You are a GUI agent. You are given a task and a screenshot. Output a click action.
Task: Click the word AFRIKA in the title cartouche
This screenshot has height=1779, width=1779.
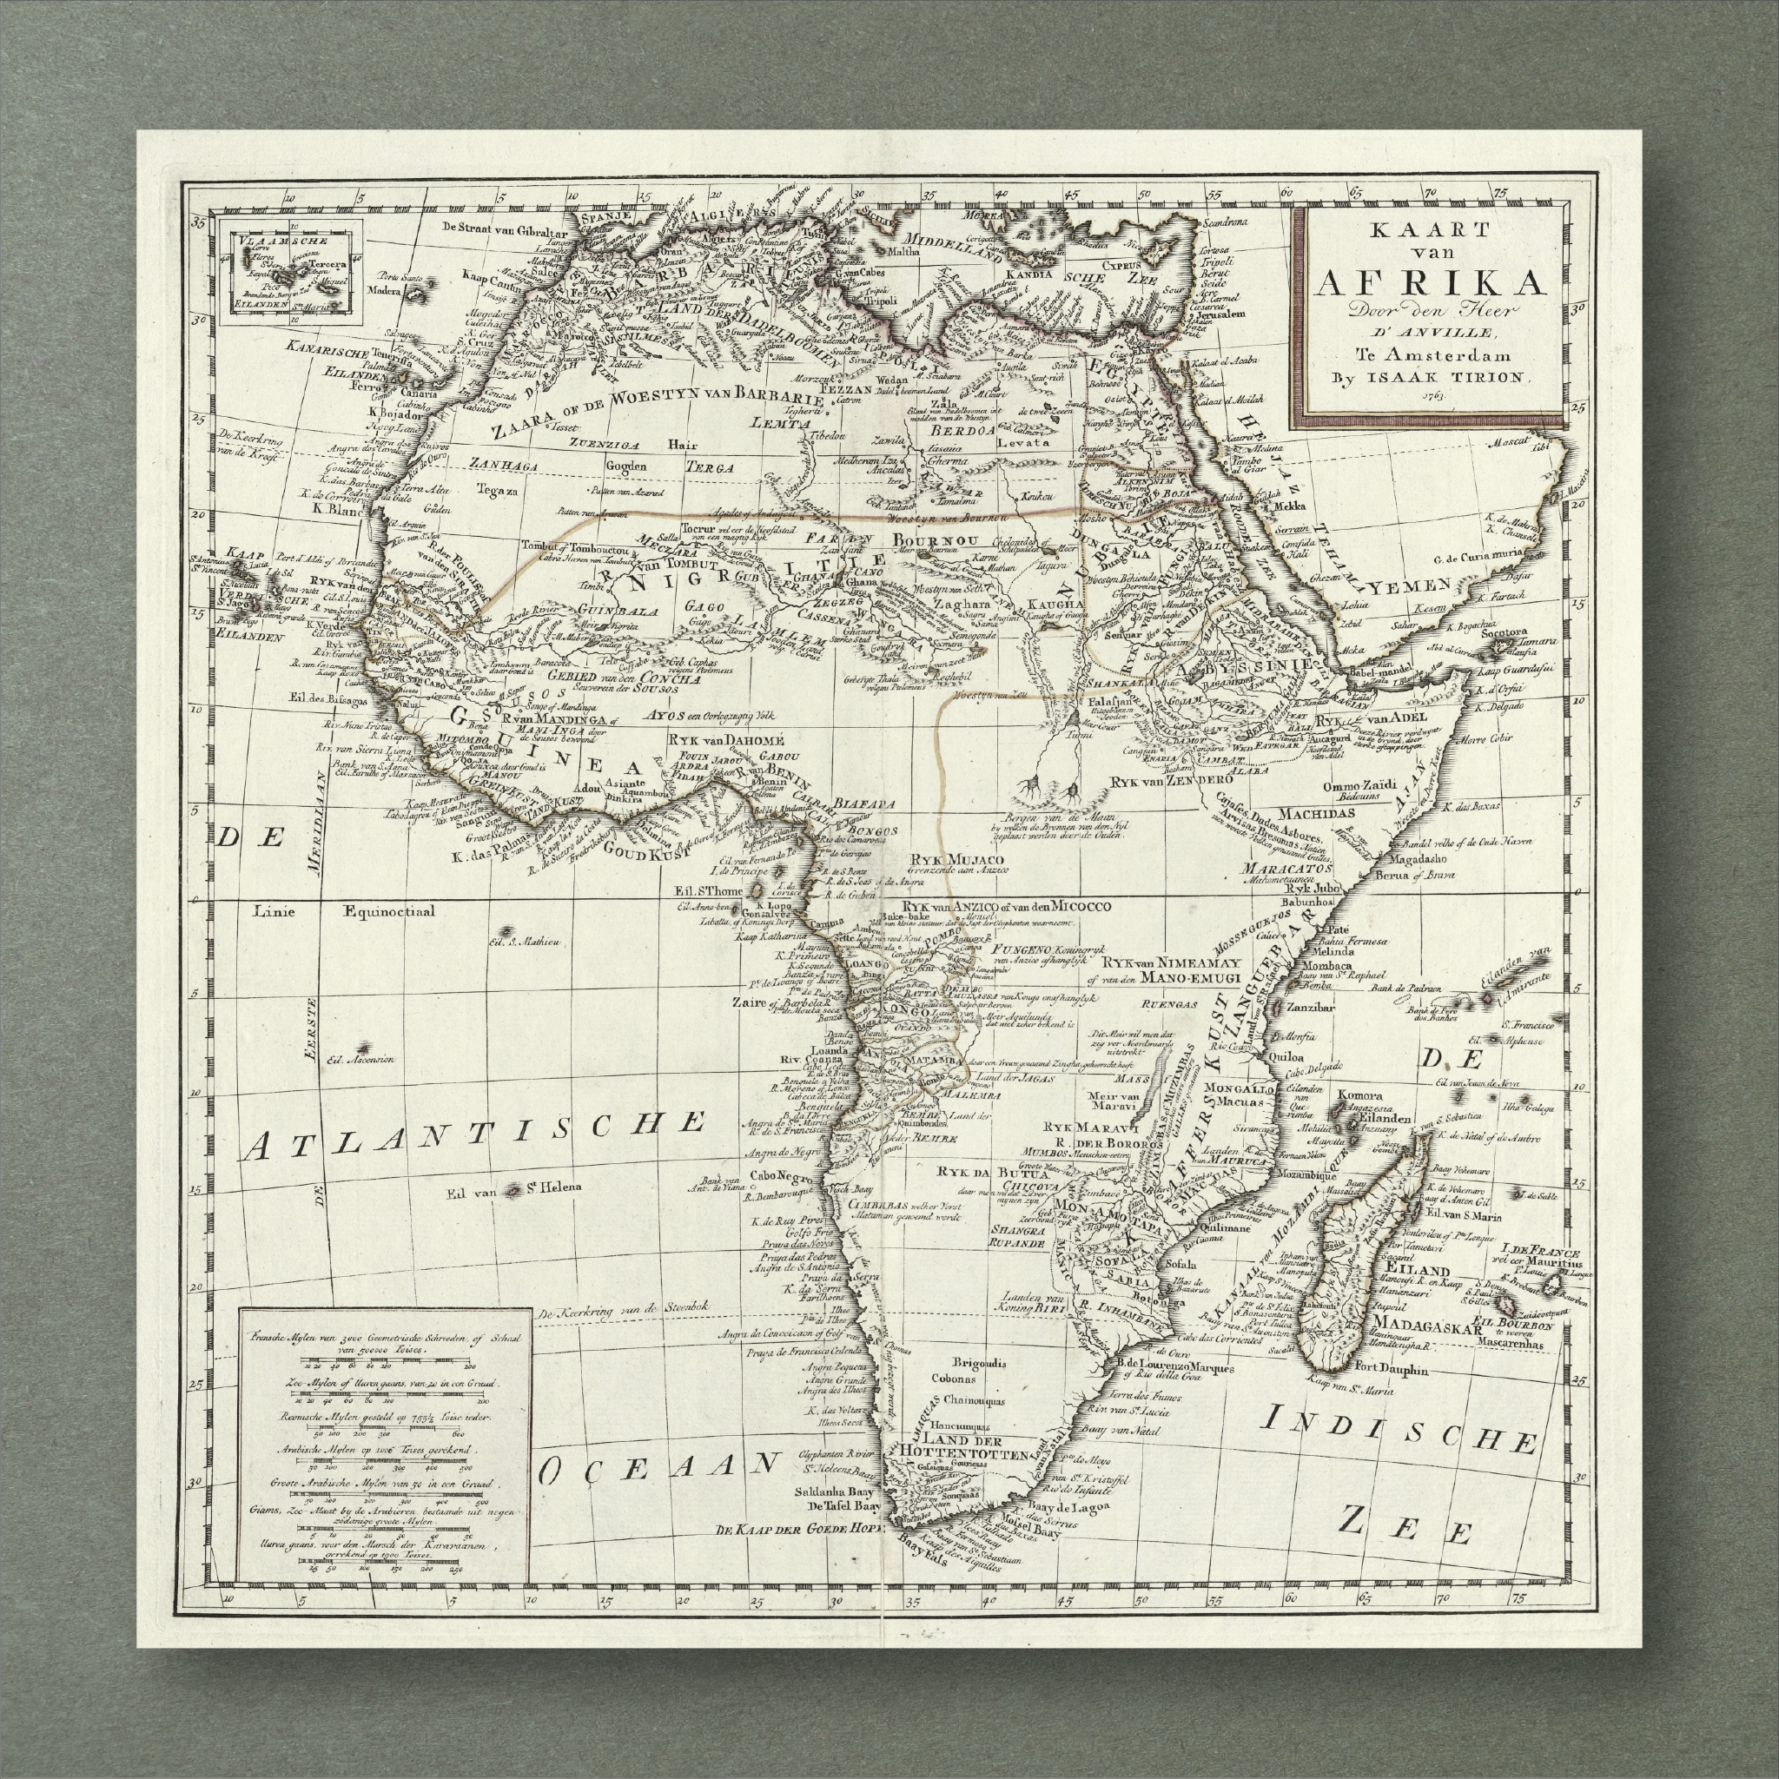pos(1428,282)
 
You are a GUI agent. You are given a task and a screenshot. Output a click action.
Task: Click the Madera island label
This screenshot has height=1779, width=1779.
pos(385,291)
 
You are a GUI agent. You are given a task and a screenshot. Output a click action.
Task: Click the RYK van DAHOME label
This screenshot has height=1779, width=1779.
pos(725,739)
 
